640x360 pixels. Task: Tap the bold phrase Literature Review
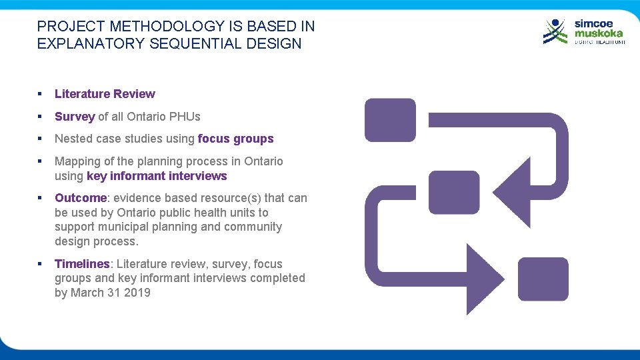click(105, 94)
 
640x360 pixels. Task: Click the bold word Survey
click(75, 117)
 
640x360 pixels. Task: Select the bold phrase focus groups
click(235, 139)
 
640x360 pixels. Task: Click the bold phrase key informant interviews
click(157, 176)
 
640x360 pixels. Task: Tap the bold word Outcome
click(80, 198)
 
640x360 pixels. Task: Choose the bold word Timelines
click(81, 264)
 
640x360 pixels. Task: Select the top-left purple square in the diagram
click(390, 120)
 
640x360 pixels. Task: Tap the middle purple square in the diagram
click(454, 192)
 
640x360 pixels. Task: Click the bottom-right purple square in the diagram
click(543, 279)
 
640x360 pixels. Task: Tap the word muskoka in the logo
click(599, 33)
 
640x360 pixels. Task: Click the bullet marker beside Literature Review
click(41, 94)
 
